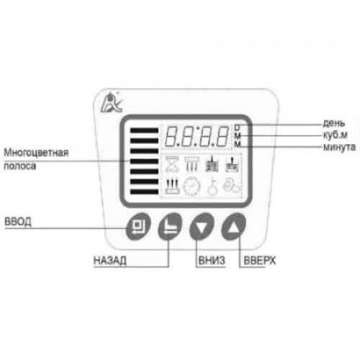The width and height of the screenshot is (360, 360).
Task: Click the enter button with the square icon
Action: (138, 226)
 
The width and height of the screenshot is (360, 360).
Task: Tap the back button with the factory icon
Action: (170, 226)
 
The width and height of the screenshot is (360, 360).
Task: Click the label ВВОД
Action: (18, 222)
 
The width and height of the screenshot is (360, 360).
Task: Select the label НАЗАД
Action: (110, 261)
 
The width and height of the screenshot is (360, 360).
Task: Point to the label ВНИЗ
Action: (212, 261)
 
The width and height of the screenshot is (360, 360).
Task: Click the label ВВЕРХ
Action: (260, 261)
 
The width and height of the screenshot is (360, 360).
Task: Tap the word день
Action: (334, 123)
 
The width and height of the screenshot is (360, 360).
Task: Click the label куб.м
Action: (336, 135)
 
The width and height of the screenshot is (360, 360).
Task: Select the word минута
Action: (339, 147)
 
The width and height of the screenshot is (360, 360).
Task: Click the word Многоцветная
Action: (36, 153)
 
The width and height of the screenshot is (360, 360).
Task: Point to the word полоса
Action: (20, 166)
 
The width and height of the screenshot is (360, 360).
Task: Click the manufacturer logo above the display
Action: (112, 103)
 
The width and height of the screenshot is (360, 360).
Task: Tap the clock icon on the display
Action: (192, 186)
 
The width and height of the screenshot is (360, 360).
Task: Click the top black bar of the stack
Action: (144, 130)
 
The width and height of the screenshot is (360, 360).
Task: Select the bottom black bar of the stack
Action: (144, 192)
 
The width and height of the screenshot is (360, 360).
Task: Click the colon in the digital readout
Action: (197, 136)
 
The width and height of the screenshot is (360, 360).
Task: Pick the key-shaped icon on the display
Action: (212, 186)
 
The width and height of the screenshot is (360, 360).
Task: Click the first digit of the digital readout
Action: (173, 136)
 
